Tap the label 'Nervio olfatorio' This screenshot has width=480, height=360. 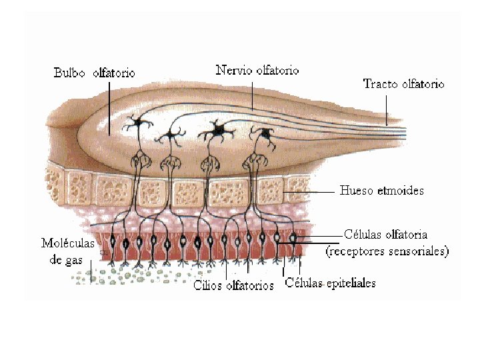(257, 70)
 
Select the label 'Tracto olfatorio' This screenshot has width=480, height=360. (403, 84)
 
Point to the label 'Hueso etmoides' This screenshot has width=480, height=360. (381, 191)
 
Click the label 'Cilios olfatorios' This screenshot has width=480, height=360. (233, 286)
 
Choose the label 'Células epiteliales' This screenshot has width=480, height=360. (330, 283)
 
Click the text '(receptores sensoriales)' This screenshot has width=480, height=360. (387, 251)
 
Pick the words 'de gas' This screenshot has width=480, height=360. (65, 259)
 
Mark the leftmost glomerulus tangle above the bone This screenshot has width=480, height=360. (141, 160)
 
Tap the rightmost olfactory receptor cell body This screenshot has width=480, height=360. (292, 237)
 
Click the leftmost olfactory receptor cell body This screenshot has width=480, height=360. (113, 240)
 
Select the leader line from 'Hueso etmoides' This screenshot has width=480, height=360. (310, 191)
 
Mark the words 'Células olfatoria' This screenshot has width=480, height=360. (385, 235)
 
